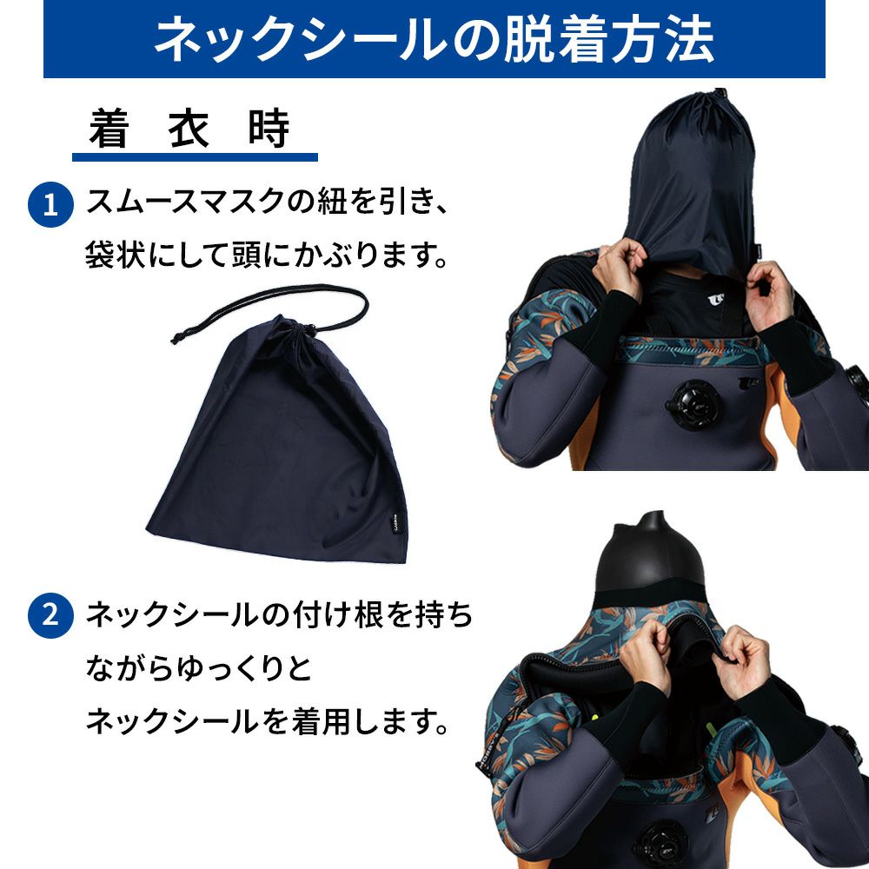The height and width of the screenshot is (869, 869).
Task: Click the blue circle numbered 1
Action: pos(50,204)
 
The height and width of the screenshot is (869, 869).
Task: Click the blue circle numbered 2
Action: pos(50,615)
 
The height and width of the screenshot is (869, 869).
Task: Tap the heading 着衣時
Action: pos(189,129)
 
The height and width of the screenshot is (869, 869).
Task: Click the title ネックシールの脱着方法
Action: pos(434,39)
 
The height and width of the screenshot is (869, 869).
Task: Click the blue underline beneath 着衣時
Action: pos(195,157)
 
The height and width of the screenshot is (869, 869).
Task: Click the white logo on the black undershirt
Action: pos(716,301)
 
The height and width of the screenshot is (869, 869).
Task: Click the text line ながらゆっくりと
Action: pos(199,668)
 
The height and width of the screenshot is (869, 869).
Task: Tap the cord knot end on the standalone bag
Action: pos(176,337)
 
